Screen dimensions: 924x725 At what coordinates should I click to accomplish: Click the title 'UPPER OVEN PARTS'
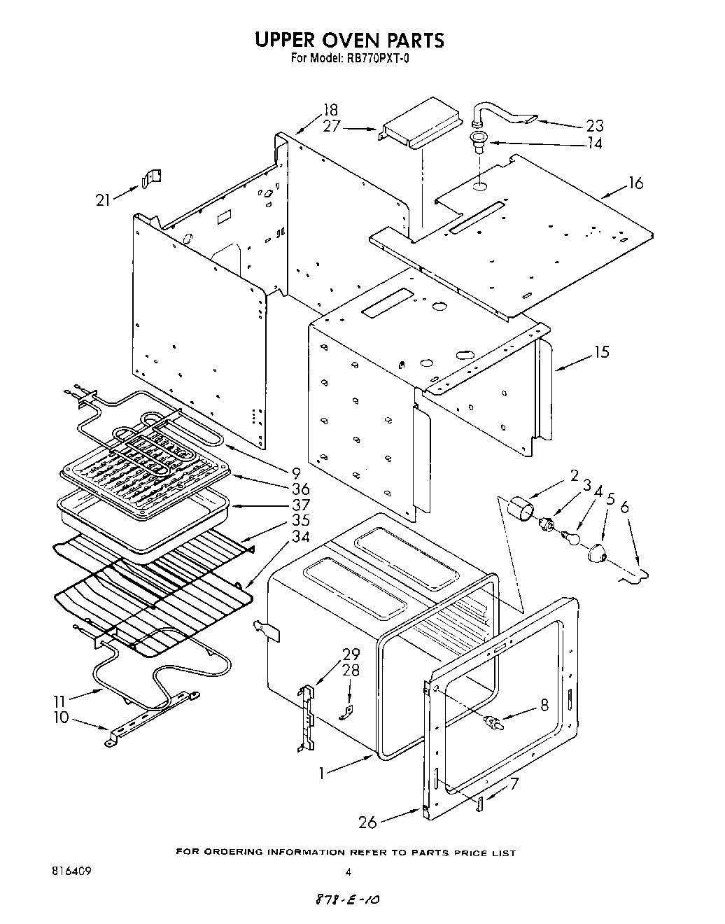(x=349, y=40)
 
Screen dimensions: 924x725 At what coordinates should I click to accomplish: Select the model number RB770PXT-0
(x=376, y=59)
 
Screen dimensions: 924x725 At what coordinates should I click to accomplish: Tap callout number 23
(x=594, y=126)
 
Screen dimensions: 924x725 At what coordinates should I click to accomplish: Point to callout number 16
(x=635, y=183)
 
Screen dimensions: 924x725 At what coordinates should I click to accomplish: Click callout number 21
(x=104, y=199)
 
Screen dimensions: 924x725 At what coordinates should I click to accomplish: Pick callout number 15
(x=601, y=352)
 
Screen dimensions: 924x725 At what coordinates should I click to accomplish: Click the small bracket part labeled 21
(x=151, y=178)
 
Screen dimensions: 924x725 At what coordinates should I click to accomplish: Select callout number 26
(x=369, y=822)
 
